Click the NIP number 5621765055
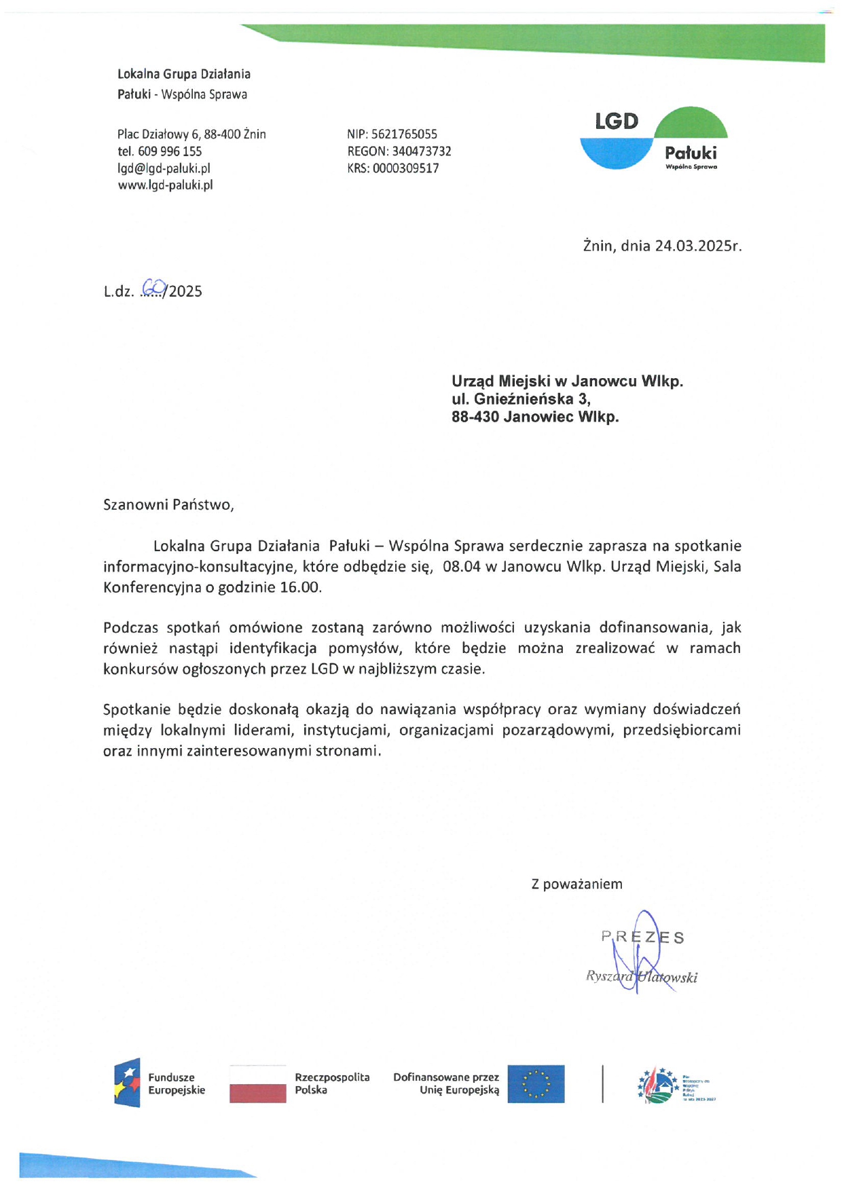coord(404,134)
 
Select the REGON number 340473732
coord(421,151)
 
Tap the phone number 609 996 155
coord(170,151)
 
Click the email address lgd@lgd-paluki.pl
coord(164,168)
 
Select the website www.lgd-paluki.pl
coord(165,185)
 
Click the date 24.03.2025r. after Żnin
coord(698,246)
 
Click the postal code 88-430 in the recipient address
coord(475,417)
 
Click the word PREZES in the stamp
coord(642,937)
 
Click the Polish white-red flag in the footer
coord(257,1084)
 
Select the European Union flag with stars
coord(536,1084)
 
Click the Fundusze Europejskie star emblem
coord(127,1083)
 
